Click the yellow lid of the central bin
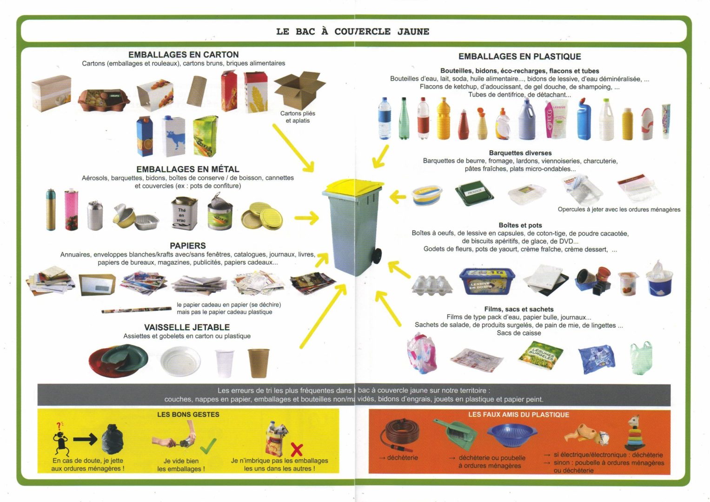coord(353,187)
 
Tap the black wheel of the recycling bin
coord(377,256)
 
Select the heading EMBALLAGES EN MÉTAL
coord(188,169)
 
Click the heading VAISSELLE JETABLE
coord(187,327)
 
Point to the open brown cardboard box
coord(299,90)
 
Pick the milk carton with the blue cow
coord(173,136)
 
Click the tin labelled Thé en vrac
coord(184,213)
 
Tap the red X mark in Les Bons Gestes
coord(297,450)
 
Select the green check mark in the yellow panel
coord(208,446)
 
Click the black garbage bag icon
coord(113,439)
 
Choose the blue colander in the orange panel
coord(512,435)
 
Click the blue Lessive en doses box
coord(487,281)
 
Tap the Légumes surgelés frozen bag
coord(541,355)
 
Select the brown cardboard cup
coord(259,363)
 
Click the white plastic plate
coord(180,361)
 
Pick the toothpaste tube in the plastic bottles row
coord(666,121)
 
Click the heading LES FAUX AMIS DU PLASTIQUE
coord(518,415)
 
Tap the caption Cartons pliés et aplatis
coord(298,117)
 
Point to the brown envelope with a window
coord(97,284)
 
